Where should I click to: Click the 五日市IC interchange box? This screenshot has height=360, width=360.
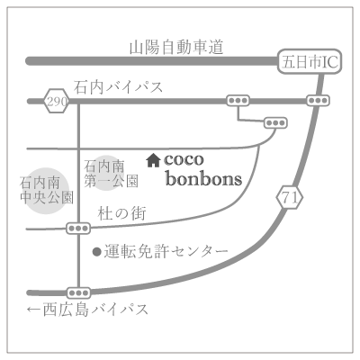tap(310, 61)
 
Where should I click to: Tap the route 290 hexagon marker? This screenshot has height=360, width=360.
tap(57, 101)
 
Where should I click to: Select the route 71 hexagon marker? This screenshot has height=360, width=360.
tap(290, 198)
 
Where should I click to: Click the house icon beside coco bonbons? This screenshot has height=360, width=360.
tap(153, 160)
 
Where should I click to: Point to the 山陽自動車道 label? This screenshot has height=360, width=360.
tap(176, 48)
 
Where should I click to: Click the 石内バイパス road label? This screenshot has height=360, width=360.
tap(119, 87)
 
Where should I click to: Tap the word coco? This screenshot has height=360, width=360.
tap(184, 159)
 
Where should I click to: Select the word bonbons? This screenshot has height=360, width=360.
tap(204, 179)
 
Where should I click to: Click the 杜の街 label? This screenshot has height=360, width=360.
tap(122, 213)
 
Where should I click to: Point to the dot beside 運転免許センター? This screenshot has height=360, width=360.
tap(97, 252)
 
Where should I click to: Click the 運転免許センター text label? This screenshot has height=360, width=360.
tap(166, 251)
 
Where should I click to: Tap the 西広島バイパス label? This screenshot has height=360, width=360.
tap(95, 310)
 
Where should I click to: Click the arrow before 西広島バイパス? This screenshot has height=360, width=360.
tap(34, 310)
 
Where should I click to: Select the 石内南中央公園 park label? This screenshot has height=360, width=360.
tap(47, 190)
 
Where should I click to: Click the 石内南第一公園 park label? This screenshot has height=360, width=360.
tap(111, 174)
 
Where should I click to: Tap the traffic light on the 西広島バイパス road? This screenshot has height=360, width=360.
tap(78, 292)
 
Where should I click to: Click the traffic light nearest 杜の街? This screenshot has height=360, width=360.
tap(78, 229)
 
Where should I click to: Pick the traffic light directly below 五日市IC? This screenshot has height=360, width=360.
tap(318, 101)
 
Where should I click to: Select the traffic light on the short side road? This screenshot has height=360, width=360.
tap(275, 123)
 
